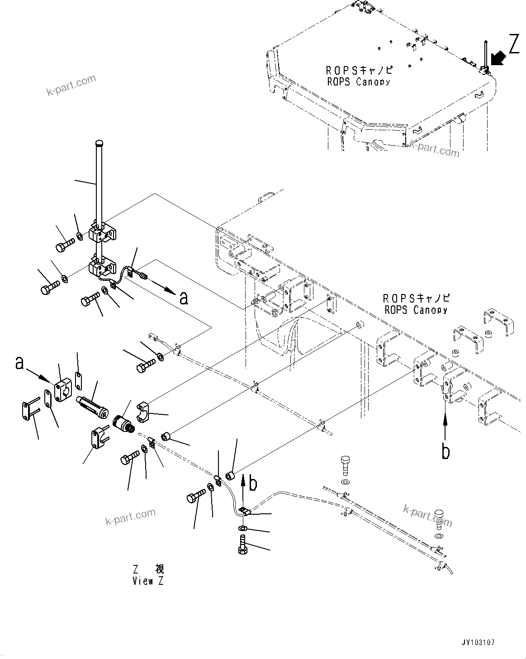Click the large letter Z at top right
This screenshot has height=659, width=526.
[513, 44]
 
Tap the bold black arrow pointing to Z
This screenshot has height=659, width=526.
[498, 57]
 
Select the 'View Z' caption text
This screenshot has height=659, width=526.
[148, 581]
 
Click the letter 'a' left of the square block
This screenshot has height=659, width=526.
[19, 363]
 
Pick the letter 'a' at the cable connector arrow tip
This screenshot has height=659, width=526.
[183, 298]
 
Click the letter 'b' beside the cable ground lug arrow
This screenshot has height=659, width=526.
[253, 484]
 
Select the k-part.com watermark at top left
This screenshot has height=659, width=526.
[71, 86]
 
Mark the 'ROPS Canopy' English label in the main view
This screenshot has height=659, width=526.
[416, 310]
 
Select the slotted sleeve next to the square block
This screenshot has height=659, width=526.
[93, 406]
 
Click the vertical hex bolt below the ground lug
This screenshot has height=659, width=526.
[242, 544]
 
